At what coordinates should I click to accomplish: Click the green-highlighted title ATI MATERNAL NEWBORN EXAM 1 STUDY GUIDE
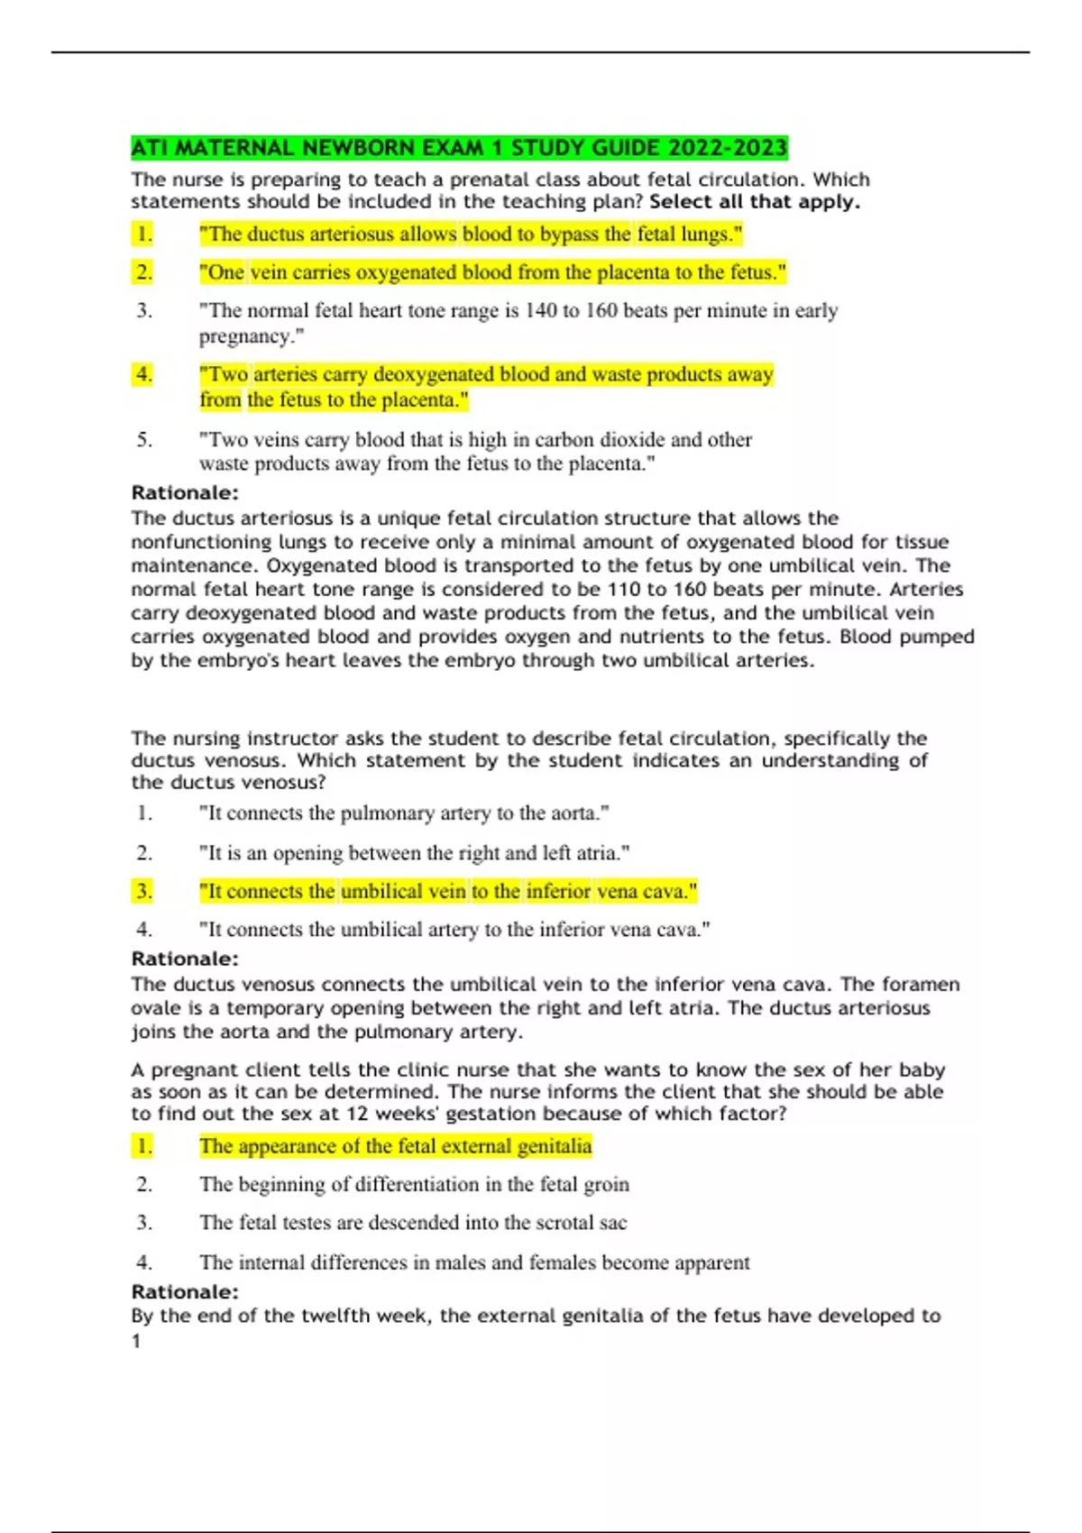(x=459, y=148)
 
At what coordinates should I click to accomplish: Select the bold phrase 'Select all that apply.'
(x=755, y=202)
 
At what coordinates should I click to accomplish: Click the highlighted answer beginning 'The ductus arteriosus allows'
(x=471, y=234)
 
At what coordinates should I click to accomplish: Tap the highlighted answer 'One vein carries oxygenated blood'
(x=492, y=272)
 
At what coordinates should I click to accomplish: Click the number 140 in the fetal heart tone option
(x=541, y=311)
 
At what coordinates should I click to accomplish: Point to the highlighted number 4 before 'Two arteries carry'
(x=143, y=374)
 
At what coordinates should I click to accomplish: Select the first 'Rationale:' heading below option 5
(x=185, y=493)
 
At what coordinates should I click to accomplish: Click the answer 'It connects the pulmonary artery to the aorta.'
(x=404, y=813)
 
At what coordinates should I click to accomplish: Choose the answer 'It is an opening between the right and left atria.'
(x=414, y=853)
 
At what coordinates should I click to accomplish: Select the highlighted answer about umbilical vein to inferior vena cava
(x=448, y=892)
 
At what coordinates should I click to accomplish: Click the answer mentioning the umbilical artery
(x=454, y=930)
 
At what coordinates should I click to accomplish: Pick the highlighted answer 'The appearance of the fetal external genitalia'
(x=395, y=1146)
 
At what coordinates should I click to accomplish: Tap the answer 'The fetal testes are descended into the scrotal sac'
(x=413, y=1223)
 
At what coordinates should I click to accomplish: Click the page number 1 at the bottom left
(x=136, y=1342)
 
